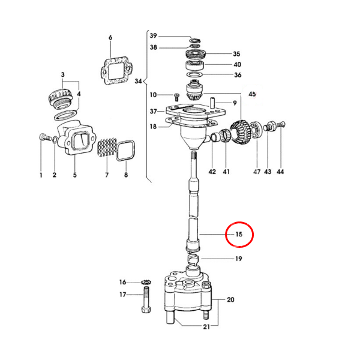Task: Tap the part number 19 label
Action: coord(239,259)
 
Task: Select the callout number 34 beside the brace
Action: coord(138,81)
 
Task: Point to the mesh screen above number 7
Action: coord(107,148)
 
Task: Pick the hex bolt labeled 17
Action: coord(146,300)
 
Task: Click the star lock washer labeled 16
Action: coord(146,282)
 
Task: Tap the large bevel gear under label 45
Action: coord(240,133)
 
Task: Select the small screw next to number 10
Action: coord(176,97)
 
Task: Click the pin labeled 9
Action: coord(212,103)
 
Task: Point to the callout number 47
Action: coord(257,172)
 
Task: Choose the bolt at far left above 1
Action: coord(45,137)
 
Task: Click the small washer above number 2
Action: coord(55,139)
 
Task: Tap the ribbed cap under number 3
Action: coord(61,99)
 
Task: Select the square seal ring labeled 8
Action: coord(125,151)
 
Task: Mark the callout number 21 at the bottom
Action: coord(206,326)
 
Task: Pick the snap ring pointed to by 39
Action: coord(195,41)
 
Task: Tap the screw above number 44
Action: coord(281,124)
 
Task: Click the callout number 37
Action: coord(154,112)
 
